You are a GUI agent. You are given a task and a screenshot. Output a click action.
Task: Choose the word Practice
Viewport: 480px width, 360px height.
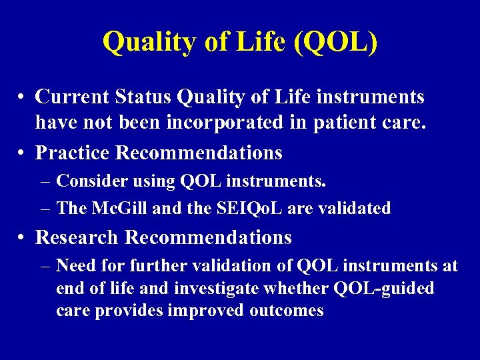(72, 153)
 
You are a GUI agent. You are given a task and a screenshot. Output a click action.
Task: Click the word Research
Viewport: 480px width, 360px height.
(77, 237)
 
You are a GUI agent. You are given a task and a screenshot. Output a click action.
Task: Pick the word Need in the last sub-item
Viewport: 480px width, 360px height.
(74, 266)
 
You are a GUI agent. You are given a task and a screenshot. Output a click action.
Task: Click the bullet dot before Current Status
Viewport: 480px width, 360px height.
(22, 98)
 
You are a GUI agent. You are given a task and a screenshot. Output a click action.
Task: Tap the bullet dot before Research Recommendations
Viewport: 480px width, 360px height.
(22, 238)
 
